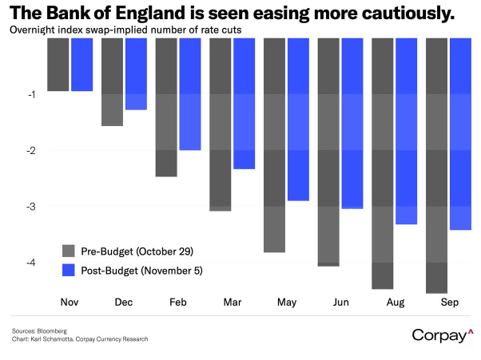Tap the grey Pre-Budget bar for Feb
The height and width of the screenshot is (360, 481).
point(166,107)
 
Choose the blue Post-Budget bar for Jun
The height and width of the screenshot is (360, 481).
point(352,124)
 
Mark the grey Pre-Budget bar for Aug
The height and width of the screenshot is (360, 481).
point(383,164)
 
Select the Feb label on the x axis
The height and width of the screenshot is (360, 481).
point(177,304)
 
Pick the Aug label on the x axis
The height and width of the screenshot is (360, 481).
point(394,304)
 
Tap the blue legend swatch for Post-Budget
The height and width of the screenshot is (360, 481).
point(69,271)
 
